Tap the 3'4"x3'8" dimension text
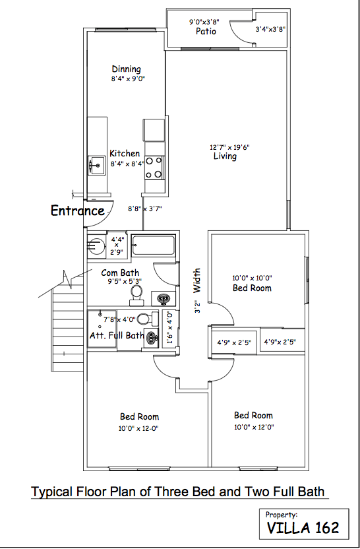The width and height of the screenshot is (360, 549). click(x=270, y=29)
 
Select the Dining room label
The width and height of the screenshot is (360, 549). click(x=126, y=69)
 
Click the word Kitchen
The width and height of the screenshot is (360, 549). click(x=125, y=154)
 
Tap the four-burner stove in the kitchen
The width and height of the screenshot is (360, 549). click(x=154, y=168)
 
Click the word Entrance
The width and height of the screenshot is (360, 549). click(x=78, y=211)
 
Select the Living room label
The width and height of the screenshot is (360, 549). click(x=225, y=156)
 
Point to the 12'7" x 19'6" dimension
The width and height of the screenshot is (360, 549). click(x=229, y=147)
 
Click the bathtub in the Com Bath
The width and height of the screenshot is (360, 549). click(x=153, y=246)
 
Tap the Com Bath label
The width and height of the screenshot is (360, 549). click(x=120, y=273)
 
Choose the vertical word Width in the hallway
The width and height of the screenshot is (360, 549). click(x=196, y=280)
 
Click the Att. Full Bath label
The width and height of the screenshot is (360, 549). click(x=117, y=335)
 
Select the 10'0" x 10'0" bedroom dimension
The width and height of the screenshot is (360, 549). click(x=252, y=278)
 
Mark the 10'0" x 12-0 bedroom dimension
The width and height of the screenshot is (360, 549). click(x=139, y=428)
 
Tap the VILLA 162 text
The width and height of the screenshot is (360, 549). click(x=303, y=527)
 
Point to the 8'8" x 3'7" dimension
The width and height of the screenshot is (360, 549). click(x=145, y=209)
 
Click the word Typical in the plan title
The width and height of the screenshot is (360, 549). click(x=52, y=492)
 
